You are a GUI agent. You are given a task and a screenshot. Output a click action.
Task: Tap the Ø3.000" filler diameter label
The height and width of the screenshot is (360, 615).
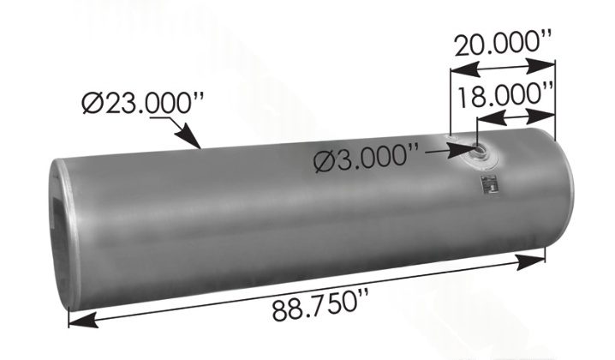367,158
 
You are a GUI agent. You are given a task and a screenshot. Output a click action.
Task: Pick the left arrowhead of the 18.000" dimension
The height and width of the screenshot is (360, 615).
474,121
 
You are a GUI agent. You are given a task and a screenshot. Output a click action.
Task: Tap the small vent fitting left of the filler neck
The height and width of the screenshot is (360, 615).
451,140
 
